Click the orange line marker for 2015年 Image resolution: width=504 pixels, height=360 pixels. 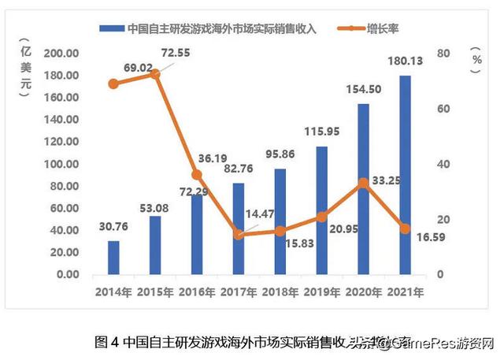coord(155,73)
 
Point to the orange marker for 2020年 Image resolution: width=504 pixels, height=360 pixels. coord(363,183)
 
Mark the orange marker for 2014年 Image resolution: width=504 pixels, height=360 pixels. coord(113,84)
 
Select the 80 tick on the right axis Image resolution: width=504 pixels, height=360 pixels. coord(443,53)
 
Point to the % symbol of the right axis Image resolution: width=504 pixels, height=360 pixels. coord(476,57)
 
